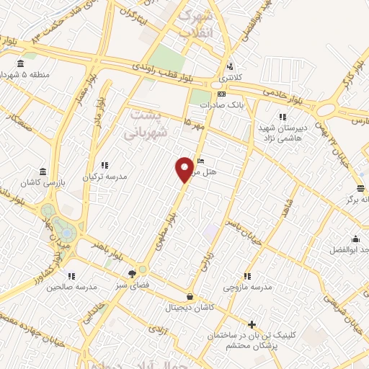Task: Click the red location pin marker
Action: tap(185, 169)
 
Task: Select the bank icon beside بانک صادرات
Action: tap(221, 94)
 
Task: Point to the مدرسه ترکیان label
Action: tap(107, 177)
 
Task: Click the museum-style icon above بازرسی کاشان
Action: tap(44, 172)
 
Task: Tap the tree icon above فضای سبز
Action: tap(132, 273)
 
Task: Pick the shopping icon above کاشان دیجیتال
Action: tap(190, 296)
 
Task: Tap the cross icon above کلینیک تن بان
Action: tap(252, 324)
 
